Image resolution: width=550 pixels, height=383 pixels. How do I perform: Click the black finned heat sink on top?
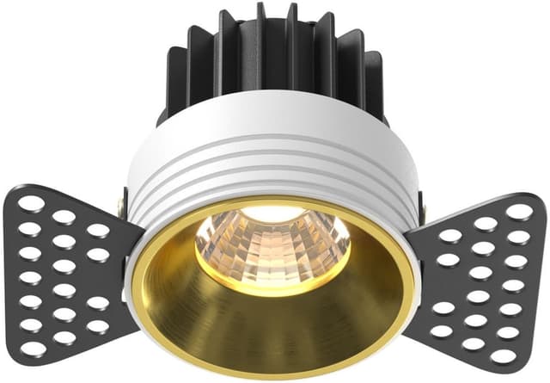pyautogui.click(x=275, y=60)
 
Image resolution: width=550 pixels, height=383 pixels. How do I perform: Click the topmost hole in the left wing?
pyautogui.click(x=32, y=204)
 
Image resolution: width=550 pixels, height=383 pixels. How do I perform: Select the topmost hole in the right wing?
pyautogui.click(x=518, y=210)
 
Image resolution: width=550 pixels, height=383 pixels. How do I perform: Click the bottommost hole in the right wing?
pyautogui.click(x=504, y=355)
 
